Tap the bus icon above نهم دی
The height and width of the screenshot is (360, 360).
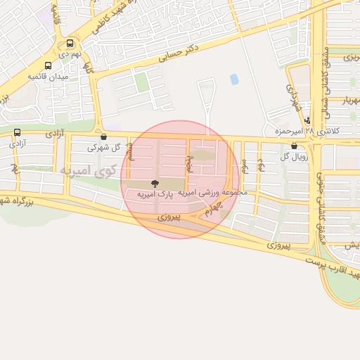pos(70,43)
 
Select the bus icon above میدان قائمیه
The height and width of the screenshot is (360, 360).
pos(48,64)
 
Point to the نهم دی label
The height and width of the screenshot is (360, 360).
pos(70,53)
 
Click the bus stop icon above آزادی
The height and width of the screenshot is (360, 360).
pos(17,131)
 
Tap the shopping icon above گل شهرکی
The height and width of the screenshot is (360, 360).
pos(104,137)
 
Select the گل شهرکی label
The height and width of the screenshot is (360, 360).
pos(103,148)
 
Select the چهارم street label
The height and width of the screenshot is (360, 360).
pos(209,209)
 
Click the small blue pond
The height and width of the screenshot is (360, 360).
pos(234,79)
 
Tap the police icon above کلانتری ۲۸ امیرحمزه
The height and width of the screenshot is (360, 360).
pos(307,120)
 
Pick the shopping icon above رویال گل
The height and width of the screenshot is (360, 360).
pos(293,146)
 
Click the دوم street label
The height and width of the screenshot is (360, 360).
pos(260,165)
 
